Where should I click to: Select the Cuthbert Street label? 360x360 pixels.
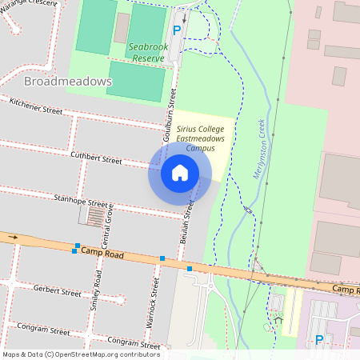click(x=96, y=158)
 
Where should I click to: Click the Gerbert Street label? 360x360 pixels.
click(x=57, y=290)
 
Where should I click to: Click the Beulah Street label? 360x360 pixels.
click(x=190, y=216)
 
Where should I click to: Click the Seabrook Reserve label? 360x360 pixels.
click(x=148, y=52)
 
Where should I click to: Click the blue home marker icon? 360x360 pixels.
click(x=179, y=173)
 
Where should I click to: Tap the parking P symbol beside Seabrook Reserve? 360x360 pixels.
click(x=177, y=33)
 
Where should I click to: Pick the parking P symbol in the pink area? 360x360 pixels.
click(x=319, y=340)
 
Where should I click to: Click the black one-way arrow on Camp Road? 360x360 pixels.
click(x=13, y=237)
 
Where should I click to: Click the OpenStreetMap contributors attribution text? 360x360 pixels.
click(x=80, y=354)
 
